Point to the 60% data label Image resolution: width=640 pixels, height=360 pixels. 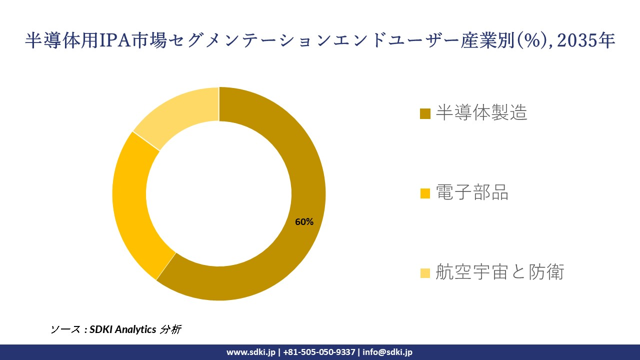click(x=304, y=222)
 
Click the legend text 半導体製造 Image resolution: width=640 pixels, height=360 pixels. click(x=481, y=113)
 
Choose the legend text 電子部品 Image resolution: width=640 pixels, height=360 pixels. click(x=472, y=192)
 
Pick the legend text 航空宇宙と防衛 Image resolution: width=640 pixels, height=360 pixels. click(x=499, y=272)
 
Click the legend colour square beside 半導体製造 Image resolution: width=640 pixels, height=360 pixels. click(x=425, y=114)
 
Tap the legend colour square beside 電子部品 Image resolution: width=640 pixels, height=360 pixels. click(x=425, y=193)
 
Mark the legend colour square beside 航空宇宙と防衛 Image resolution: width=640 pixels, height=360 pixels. click(x=425, y=273)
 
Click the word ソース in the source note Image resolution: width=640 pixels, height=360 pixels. click(x=65, y=329)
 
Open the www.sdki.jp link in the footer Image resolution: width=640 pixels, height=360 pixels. click(x=250, y=352)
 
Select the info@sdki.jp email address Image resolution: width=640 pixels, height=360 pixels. click(x=387, y=352)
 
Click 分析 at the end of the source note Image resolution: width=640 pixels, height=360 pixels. click(x=170, y=329)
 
